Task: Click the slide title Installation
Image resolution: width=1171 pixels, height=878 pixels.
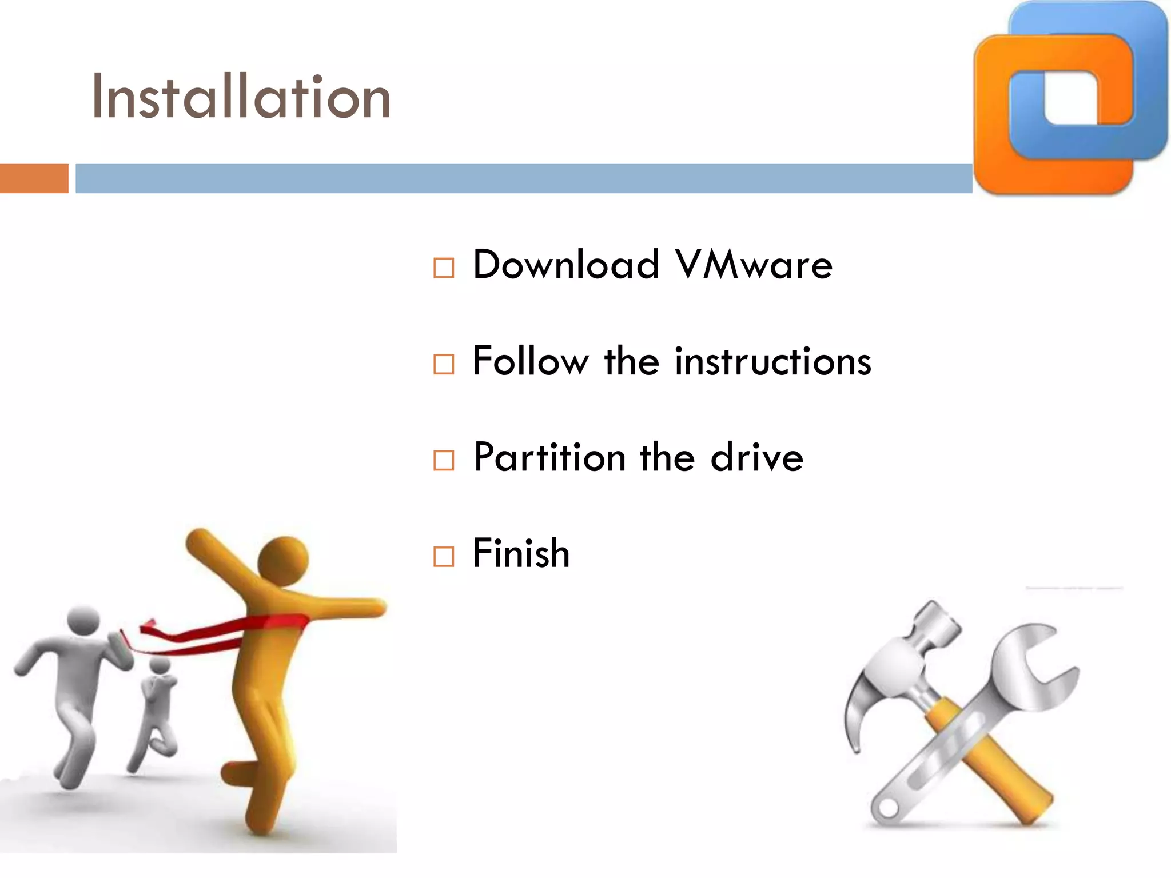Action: (241, 97)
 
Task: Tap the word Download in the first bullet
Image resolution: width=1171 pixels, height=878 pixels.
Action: (566, 265)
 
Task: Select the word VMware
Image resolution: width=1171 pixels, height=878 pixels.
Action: (753, 265)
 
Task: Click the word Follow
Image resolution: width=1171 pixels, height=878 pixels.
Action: (530, 361)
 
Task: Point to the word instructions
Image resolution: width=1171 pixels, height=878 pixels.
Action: (773, 361)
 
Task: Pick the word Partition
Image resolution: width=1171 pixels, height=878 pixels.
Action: (549, 457)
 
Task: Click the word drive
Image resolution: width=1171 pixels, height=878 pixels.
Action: (756, 457)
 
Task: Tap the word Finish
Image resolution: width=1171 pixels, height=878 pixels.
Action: (521, 553)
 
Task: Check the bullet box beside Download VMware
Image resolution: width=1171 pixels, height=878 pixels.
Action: (444, 268)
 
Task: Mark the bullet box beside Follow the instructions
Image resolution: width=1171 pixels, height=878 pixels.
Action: (444, 364)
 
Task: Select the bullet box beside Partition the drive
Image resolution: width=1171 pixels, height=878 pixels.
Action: (444, 460)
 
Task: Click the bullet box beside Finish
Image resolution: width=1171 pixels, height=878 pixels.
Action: (444, 556)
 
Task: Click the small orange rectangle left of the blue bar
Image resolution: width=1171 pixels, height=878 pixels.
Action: (34, 178)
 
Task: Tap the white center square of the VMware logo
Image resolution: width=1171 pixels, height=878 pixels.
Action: (1070, 97)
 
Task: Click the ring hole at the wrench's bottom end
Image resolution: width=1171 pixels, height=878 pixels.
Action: (888, 808)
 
